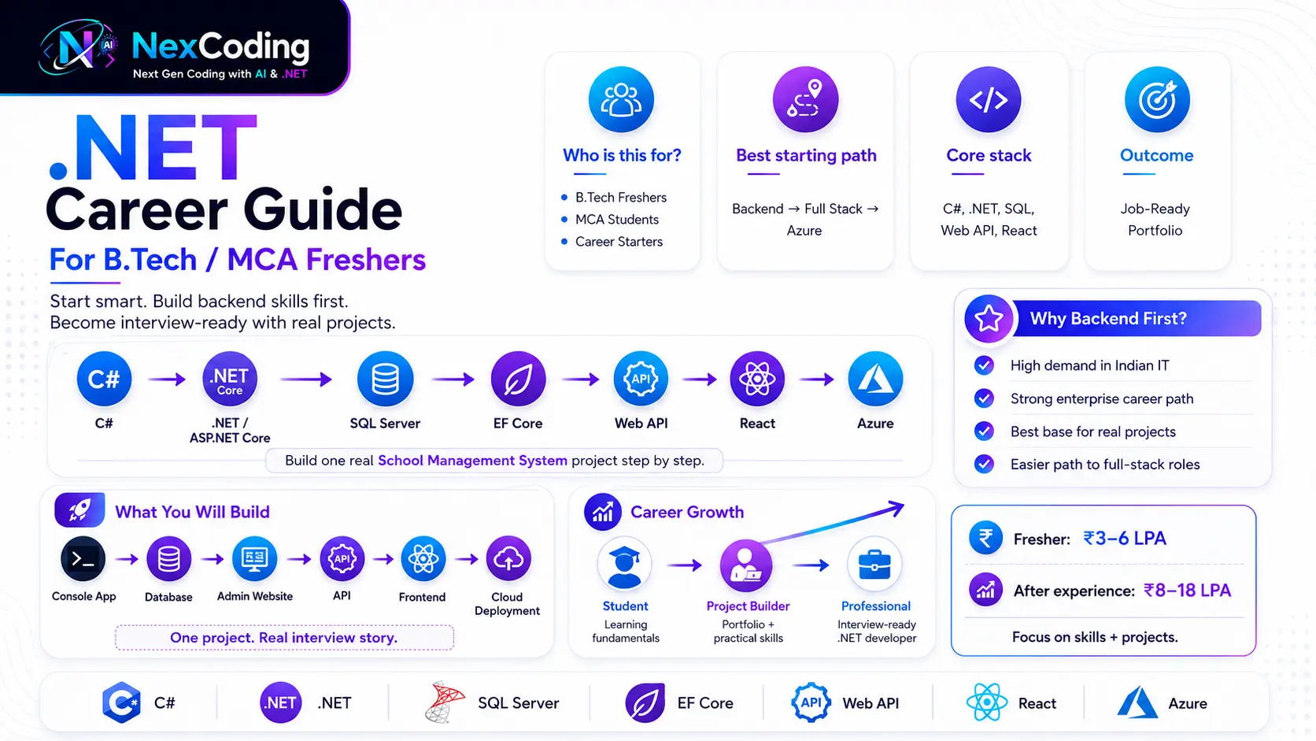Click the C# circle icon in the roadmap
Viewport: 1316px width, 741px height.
[x=104, y=379]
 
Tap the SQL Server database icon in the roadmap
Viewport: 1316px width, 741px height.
[x=385, y=379]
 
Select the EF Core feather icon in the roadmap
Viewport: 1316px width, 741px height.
[x=518, y=379]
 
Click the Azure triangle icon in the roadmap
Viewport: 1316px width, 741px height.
[x=874, y=379]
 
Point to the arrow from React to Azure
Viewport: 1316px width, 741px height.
[x=817, y=380]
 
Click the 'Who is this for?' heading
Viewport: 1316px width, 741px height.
[x=622, y=155]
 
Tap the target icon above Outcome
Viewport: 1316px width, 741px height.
[x=1157, y=99]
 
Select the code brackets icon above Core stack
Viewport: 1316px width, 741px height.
[x=988, y=99]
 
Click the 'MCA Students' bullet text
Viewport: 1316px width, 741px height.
[x=617, y=219]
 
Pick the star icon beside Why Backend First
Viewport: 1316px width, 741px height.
[x=988, y=318]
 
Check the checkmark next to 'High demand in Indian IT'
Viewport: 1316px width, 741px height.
[x=984, y=365]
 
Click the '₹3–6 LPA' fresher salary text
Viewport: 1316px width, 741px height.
[x=1125, y=539]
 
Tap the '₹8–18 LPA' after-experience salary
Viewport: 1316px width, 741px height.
[x=1187, y=590]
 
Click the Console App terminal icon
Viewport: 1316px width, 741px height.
[x=83, y=559]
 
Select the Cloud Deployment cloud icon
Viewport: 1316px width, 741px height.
[x=508, y=559]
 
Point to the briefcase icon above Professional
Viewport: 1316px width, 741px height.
[x=874, y=565]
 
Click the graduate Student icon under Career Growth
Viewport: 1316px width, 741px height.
[x=624, y=565]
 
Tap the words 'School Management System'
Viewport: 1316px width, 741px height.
[x=472, y=460]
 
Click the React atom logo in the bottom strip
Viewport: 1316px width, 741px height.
[x=987, y=702]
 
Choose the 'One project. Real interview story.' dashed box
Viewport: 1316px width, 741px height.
[x=284, y=638]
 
